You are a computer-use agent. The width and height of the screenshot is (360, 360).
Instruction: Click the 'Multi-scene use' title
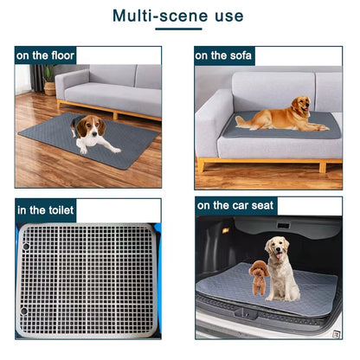[x=178, y=16]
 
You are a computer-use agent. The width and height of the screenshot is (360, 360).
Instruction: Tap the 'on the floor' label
[x=45, y=55]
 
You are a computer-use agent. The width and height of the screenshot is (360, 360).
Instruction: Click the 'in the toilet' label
[x=46, y=209]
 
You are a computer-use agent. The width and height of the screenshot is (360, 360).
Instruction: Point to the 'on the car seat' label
[x=236, y=206]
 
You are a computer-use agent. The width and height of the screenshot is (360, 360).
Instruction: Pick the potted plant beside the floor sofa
[x=48, y=79]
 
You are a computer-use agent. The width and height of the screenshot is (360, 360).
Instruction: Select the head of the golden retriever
[x=299, y=106]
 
